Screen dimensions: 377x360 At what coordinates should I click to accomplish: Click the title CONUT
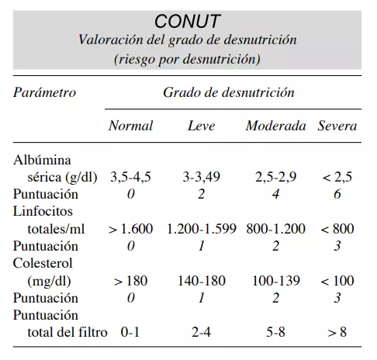(x=187, y=21)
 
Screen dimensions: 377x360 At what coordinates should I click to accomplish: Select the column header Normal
(x=130, y=126)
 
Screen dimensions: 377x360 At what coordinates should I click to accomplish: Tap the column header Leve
(x=202, y=126)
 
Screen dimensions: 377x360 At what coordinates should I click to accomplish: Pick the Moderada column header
(x=275, y=126)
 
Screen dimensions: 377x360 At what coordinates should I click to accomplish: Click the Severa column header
(x=337, y=126)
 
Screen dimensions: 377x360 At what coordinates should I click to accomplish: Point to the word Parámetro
(x=44, y=92)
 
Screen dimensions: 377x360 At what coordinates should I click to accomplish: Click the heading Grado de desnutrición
(x=229, y=92)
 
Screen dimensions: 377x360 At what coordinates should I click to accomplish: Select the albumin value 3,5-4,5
(x=130, y=177)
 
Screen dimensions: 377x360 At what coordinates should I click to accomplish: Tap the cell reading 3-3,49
(x=202, y=177)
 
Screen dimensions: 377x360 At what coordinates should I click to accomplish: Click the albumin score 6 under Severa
(x=337, y=194)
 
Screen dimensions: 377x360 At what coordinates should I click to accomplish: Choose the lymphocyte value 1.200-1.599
(x=202, y=229)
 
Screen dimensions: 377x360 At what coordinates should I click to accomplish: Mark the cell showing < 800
(x=337, y=229)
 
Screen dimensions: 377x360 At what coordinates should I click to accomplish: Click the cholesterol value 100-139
(x=276, y=281)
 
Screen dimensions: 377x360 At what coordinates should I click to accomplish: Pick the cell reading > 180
(x=130, y=281)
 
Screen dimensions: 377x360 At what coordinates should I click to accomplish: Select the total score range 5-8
(x=275, y=332)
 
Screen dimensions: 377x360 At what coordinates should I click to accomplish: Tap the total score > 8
(x=337, y=332)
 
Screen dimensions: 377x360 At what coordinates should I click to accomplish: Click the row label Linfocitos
(x=43, y=211)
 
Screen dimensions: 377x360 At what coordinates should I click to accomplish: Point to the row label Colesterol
(x=43, y=263)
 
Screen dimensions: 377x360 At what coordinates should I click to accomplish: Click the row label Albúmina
(x=42, y=160)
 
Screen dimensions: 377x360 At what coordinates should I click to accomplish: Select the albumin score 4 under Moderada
(x=275, y=194)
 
